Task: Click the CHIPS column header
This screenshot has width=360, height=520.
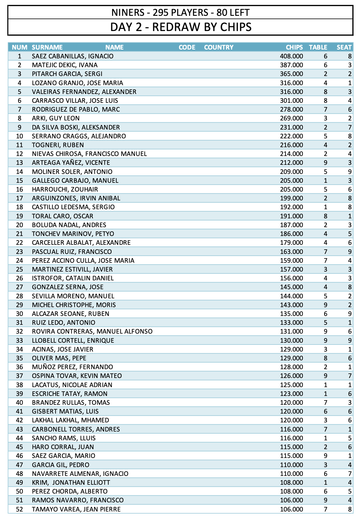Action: click(x=294, y=47)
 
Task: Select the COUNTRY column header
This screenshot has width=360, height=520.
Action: click(x=219, y=47)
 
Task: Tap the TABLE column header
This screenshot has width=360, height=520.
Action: click(x=318, y=47)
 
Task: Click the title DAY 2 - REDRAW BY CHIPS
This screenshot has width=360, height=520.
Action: click(x=181, y=27)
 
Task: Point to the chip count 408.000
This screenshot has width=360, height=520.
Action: click(x=291, y=56)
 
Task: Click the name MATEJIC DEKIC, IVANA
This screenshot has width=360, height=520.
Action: click(x=65, y=65)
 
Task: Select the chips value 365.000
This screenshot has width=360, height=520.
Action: click(x=291, y=74)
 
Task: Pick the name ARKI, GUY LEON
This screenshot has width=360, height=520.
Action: click(x=56, y=118)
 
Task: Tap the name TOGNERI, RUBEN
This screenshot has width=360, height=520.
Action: click(x=58, y=145)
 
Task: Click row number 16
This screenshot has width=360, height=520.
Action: click(x=19, y=189)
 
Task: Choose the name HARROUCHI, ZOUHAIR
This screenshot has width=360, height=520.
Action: click(x=65, y=189)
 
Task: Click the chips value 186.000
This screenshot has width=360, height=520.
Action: click(x=291, y=234)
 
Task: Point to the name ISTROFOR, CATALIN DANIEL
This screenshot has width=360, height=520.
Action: click(x=73, y=278)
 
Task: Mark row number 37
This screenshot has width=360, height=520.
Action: click(x=19, y=376)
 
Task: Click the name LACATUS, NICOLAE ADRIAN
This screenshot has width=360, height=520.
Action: click(x=72, y=385)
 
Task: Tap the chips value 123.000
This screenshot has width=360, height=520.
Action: click(x=291, y=394)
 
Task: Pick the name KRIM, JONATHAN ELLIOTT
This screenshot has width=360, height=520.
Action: click(x=71, y=483)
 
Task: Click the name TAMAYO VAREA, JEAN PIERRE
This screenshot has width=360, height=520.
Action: click(x=76, y=509)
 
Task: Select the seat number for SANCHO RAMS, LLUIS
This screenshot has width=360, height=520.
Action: click(x=350, y=438)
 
